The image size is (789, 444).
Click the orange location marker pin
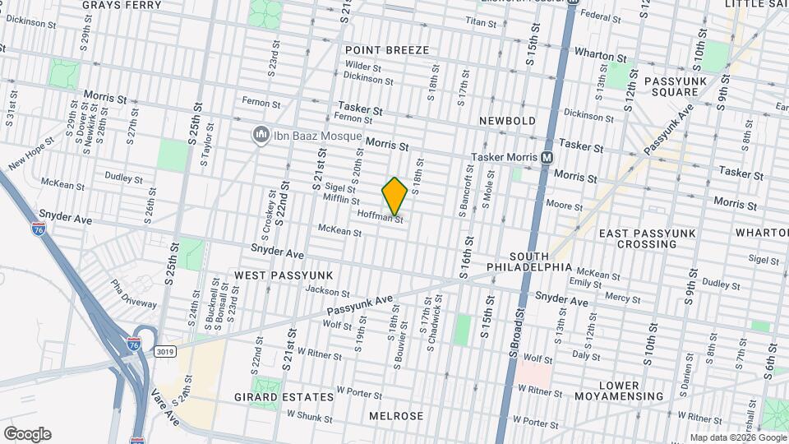pos(394,197)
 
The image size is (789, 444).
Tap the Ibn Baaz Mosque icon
pos(261,134)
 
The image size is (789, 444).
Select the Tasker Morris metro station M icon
pos(547,157)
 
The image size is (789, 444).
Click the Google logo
pos(27,433)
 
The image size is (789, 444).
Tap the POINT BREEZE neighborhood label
pos(387,50)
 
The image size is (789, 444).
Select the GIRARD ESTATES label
pos(284,397)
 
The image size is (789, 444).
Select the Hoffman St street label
pos(381,216)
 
